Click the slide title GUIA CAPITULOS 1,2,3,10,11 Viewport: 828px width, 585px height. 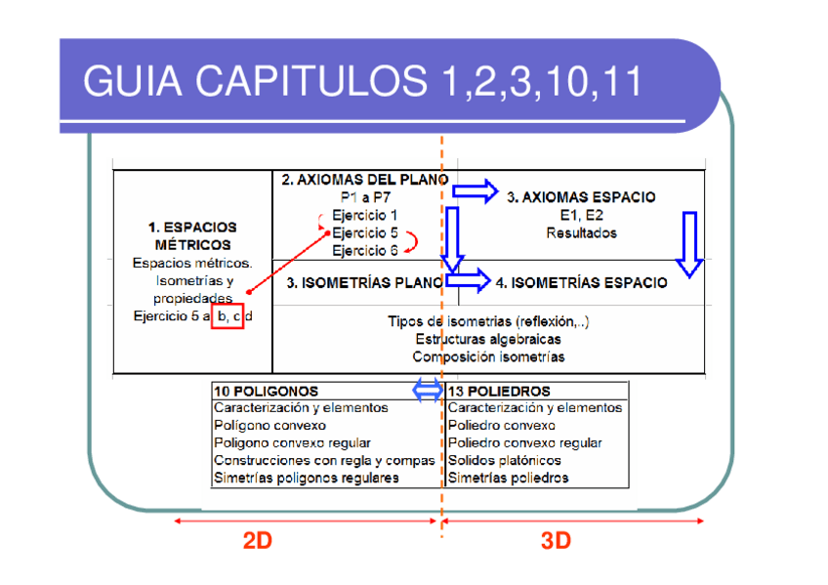coord(362,82)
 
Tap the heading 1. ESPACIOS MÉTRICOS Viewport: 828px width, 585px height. coord(192,235)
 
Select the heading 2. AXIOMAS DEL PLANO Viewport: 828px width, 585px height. coord(364,180)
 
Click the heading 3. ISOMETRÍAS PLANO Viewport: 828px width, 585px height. coord(364,283)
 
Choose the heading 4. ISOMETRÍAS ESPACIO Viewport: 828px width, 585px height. coord(582,283)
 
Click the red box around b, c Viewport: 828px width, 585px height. coord(227,316)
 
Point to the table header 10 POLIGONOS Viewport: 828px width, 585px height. coord(266,392)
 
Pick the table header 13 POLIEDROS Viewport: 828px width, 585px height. coord(499,392)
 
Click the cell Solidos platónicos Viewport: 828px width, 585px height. coord(505,460)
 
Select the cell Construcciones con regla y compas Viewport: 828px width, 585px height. coord(324,460)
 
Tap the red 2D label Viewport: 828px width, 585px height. coord(257,542)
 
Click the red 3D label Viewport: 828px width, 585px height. coord(556,542)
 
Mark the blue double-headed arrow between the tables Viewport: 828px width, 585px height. coord(429,391)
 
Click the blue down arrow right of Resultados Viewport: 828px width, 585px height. coord(689,244)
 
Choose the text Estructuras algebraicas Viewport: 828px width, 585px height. coord(488,339)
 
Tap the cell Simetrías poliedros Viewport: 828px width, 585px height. coord(508,478)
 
